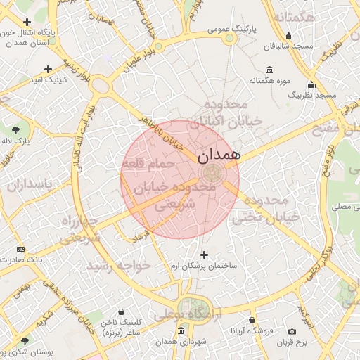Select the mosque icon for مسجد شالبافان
pyautogui.click(x=288, y=37)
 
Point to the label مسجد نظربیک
pyautogui.click(x=316, y=94)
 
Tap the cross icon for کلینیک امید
pyautogui.click(x=48, y=69)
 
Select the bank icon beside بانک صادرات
pyautogui.click(x=20, y=249)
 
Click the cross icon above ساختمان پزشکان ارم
pyautogui.click(x=205, y=255)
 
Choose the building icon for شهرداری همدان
pyautogui.click(x=181, y=330)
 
